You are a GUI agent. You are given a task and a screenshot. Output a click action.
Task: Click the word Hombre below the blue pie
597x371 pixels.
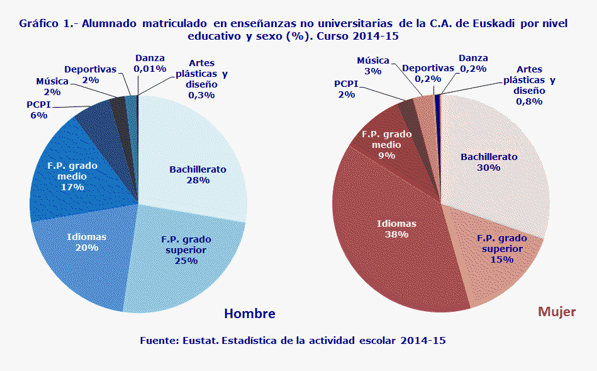pyautogui.click(x=250, y=314)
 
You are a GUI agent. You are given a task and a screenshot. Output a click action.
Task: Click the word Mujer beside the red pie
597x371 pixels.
pyautogui.click(x=557, y=312)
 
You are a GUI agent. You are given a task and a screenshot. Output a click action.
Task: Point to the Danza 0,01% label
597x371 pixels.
pyautogui.click(x=150, y=63)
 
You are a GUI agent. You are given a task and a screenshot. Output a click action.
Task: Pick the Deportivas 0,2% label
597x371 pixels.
pyautogui.click(x=428, y=73)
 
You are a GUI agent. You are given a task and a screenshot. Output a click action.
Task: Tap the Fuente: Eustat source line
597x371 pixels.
pyautogui.click(x=293, y=340)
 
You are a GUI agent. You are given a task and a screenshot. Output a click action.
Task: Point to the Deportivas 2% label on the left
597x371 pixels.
pyautogui.click(x=90, y=74)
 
